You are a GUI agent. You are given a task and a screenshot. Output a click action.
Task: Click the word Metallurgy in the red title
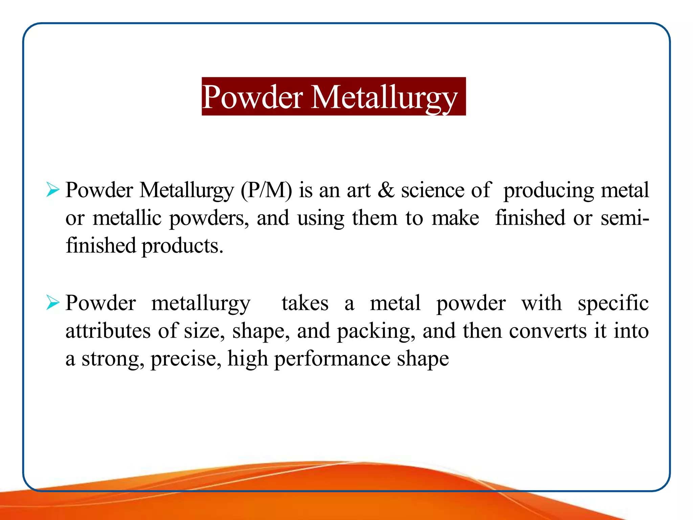(384, 97)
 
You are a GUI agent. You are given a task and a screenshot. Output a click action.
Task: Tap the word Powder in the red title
(252, 97)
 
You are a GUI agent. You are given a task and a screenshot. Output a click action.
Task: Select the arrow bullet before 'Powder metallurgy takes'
(53, 302)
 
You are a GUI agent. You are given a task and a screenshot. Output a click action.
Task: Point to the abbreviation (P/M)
(266, 190)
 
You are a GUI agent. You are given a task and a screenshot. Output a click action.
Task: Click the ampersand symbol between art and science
(386, 190)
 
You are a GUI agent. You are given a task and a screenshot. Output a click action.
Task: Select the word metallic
(127, 218)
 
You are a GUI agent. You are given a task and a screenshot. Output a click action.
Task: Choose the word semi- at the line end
(625, 218)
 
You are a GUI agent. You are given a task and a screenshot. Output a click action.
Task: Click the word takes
(305, 303)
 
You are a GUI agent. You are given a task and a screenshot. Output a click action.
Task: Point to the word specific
(613, 303)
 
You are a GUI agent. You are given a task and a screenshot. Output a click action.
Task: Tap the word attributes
(108, 331)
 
